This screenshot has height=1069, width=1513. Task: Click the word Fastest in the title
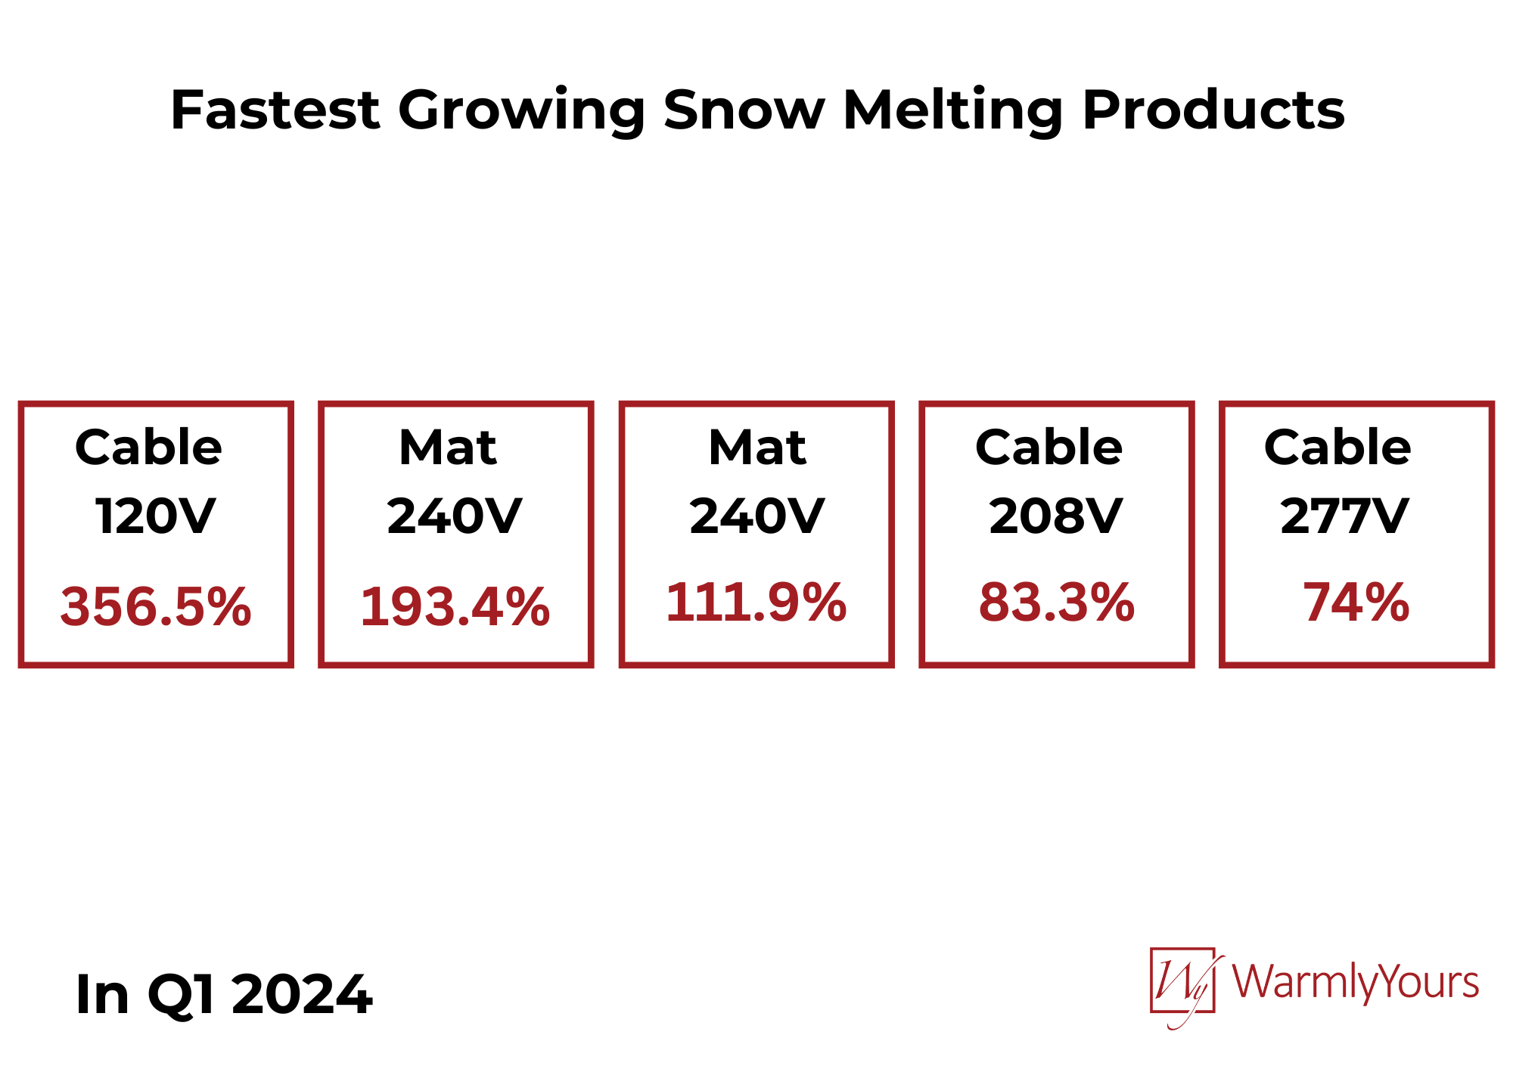[x=275, y=110]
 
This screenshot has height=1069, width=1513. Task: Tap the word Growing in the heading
[x=521, y=112]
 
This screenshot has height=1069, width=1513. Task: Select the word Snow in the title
[x=744, y=110]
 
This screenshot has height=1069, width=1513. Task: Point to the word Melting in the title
[x=953, y=112]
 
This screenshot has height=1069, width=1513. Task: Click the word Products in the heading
[x=1213, y=110]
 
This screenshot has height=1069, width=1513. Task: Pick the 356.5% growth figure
[x=156, y=606]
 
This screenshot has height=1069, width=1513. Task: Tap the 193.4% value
[x=455, y=606]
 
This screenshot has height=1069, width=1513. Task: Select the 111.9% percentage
[x=756, y=603]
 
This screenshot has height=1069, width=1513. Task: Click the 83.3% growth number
[x=1057, y=603]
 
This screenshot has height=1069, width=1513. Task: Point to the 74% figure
[x=1356, y=603]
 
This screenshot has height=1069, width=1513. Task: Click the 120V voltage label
[x=156, y=516]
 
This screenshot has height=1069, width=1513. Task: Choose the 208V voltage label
[x=1056, y=516]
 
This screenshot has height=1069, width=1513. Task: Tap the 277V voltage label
[x=1344, y=516]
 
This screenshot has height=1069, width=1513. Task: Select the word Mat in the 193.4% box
[x=448, y=447]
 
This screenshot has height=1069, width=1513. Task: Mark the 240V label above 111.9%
[x=756, y=516]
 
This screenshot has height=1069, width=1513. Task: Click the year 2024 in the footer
[x=302, y=994]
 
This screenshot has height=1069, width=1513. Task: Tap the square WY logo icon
[x=1183, y=981]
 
